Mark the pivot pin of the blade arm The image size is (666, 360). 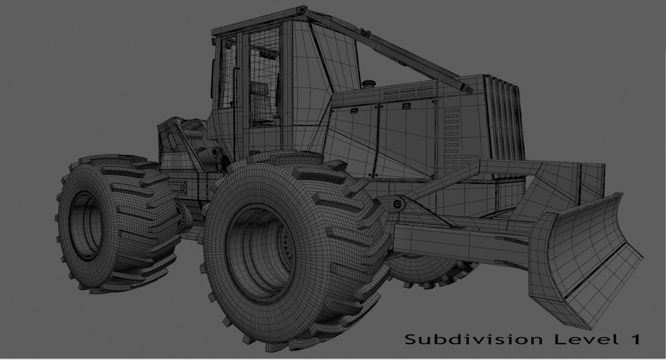point(397,205)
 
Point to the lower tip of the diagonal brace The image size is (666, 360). point(468,89)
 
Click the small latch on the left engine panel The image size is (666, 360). point(354,111)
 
